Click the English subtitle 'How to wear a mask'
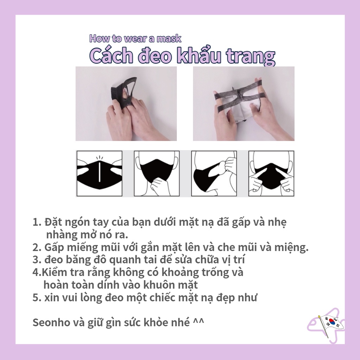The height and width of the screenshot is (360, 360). tap(135, 38)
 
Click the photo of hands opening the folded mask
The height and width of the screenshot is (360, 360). tap(126, 104)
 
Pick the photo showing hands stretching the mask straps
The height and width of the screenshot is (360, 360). tap(244, 104)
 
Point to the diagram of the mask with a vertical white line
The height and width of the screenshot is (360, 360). tap(99, 174)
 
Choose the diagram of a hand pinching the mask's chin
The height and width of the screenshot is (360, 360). tap(157, 174)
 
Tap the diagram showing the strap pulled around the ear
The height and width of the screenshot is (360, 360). tap(214, 174)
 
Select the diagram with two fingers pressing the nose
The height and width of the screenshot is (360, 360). tap(271, 174)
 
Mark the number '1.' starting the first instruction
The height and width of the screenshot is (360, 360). tap(37, 223)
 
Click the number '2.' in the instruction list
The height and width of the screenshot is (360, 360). tap(37, 247)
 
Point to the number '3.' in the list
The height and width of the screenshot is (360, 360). tap(37, 260)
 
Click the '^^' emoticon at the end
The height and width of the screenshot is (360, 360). tap(199, 321)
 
